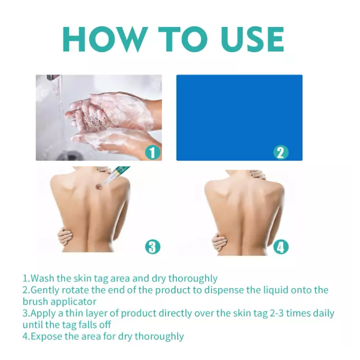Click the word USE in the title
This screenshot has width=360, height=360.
[x=252, y=39]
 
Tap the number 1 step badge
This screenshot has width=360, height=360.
[x=153, y=152]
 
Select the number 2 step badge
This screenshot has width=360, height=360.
[x=281, y=152]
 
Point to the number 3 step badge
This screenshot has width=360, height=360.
[x=153, y=247]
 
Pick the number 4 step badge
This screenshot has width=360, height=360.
[x=281, y=247]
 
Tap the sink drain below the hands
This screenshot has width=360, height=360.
[x=66, y=156]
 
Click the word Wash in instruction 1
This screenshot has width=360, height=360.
[x=42, y=278]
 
